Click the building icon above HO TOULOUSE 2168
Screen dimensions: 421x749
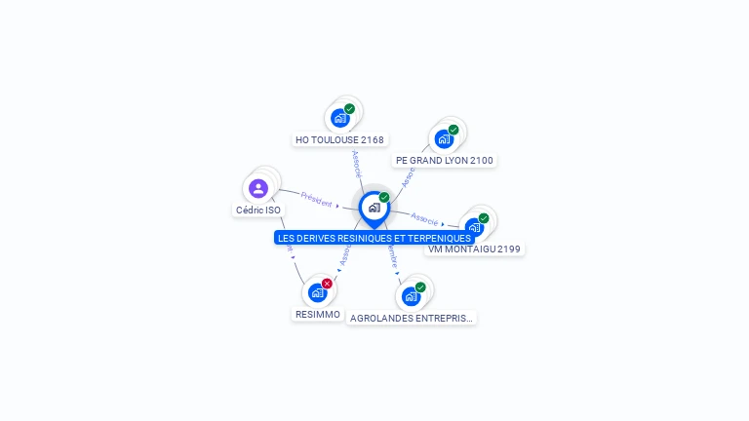339,118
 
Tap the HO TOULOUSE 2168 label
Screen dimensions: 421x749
339,140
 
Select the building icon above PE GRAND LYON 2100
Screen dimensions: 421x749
444,138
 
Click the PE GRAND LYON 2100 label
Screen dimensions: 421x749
445,161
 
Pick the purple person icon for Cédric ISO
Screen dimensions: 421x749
258,188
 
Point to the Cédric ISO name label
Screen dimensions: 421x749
258,210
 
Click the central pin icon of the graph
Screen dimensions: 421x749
374,208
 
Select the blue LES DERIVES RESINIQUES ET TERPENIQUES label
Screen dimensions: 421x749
374,238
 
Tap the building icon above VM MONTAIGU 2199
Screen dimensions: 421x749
474,227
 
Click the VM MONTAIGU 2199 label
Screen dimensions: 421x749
475,249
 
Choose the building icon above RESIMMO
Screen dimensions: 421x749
317,292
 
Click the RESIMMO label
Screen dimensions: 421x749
318,315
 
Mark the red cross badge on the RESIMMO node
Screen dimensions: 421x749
327,284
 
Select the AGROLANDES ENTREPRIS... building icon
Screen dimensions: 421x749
411,296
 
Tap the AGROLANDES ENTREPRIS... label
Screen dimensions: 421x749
412,319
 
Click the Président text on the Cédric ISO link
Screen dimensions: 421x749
316,198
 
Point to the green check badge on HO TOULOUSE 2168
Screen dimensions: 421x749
349,109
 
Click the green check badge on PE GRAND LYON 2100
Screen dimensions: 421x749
453,130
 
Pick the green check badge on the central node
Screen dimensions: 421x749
384,198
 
